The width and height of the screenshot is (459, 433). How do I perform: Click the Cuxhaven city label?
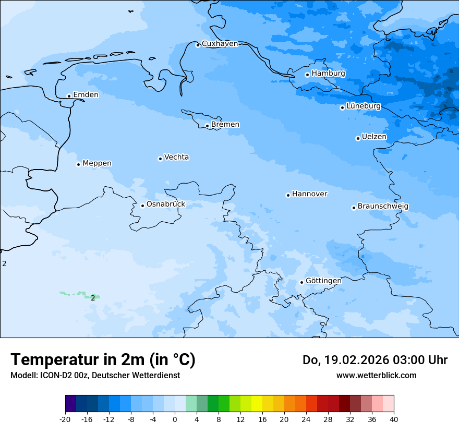(x=220, y=44)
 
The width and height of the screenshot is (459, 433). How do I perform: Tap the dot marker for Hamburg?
(x=307, y=75)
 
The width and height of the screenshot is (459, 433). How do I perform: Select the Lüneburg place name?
(x=364, y=106)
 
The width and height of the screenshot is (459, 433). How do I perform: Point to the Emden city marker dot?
(x=69, y=96)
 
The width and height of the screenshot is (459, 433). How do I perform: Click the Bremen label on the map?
(x=225, y=125)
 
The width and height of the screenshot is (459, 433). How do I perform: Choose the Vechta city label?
(x=176, y=157)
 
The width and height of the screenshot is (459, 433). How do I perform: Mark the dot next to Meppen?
(x=78, y=164)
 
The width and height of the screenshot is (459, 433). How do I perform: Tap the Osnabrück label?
(x=166, y=205)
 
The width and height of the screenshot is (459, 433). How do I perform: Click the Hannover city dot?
(x=288, y=195)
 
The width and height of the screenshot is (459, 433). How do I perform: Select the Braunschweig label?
(x=383, y=207)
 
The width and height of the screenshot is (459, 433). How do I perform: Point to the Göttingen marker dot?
(x=301, y=282)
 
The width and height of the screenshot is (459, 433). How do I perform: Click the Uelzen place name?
(x=374, y=137)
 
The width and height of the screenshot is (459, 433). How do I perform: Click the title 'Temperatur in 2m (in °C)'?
(x=103, y=360)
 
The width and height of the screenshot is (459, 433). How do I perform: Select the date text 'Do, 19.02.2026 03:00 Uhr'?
(x=375, y=360)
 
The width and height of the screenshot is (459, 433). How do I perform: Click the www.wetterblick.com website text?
(x=376, y=376)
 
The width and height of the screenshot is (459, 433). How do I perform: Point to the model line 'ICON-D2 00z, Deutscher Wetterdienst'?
(x=95, y=376)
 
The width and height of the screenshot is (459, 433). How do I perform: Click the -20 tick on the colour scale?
(x=65, y=419)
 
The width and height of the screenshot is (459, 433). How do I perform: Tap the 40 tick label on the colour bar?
(x=394, y=419)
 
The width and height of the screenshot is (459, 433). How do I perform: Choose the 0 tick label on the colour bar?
(x=175, y=419)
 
